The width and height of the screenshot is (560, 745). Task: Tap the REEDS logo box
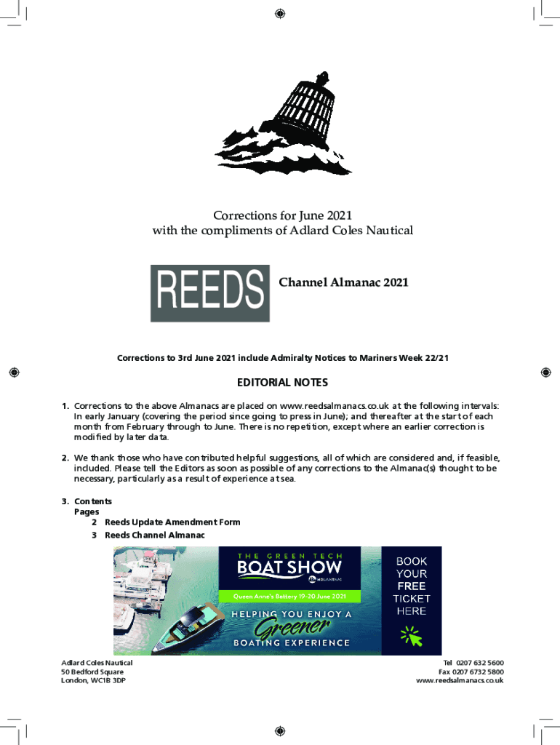click(209, 293)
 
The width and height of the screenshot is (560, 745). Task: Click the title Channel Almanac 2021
click(343, 282)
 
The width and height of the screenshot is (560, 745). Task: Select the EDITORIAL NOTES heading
click(282, 383)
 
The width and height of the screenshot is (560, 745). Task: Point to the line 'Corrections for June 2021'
click(282, 215)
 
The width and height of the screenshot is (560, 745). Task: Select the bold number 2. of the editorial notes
click(65, 458)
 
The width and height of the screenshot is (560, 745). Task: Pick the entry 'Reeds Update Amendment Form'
click(172, 522)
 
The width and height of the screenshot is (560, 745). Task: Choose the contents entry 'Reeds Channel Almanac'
click(155, 535)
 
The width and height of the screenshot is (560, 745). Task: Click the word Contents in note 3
click(93, 501)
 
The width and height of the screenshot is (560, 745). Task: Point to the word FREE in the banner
click(412, 586)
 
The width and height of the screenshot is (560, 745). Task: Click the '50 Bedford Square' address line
click(92, 672)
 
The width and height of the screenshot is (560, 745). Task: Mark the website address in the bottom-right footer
click(460, 680)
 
